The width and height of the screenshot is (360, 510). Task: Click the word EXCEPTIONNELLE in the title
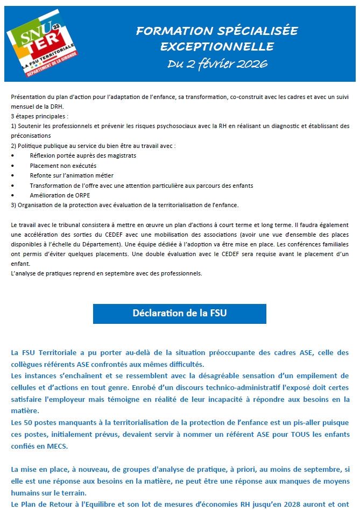[x=217, y=46]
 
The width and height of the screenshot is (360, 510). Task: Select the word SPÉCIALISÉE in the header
[x=256, y=31]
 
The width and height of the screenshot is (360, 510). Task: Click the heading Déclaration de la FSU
[x=179, y=313]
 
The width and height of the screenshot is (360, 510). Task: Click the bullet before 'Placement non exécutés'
[x=12, y=166]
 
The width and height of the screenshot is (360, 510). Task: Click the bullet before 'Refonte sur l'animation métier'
[x=12, y=175]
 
